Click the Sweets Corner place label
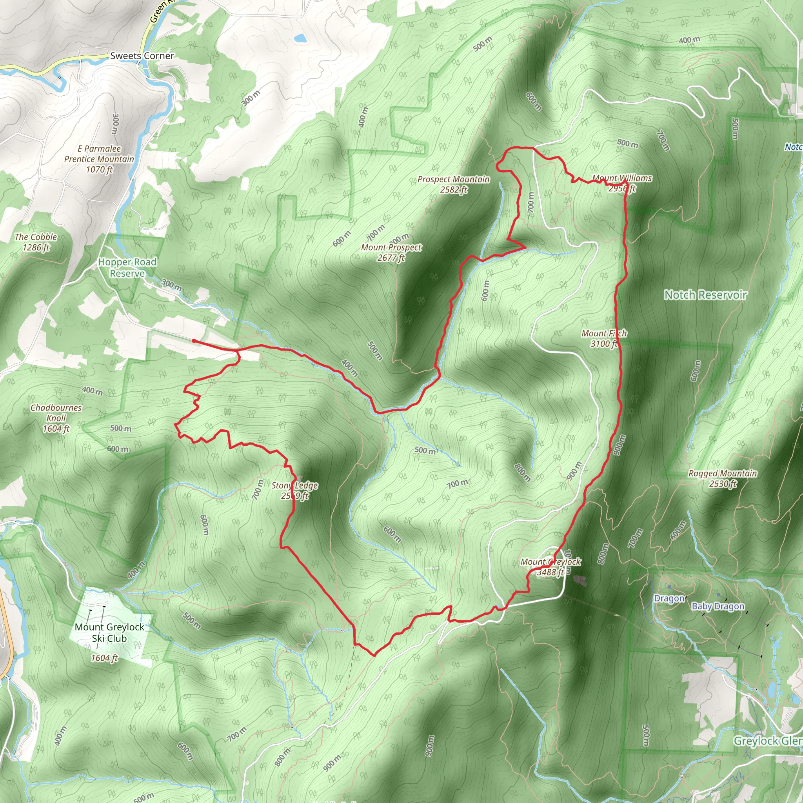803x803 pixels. [x=142, y=56]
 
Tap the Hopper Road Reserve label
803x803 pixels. [x=127, y=268]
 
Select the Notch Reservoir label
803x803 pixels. [x=705, y=295]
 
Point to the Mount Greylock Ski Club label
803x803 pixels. [x=109, y=632]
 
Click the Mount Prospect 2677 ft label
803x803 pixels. [x=391, y=252]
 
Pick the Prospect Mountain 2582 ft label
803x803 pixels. [x=454, y=184]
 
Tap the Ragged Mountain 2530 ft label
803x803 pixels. [x=723, y=478]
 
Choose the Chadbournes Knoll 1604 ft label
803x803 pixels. [x=56, y=418]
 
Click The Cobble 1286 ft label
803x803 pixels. [x=36, y=242]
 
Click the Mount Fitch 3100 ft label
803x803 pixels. [x=604, y=338]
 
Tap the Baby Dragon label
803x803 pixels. [x=718, y=607]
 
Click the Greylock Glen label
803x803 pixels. [x=767, y=741]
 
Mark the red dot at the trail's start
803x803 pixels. [x=194, y=341]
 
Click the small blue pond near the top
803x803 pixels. [x=300, y=39]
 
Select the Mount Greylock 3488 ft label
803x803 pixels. [x=551, y=567]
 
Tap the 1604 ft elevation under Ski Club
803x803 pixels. [x=104, y=658]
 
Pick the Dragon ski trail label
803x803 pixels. [x=669, y=598]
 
